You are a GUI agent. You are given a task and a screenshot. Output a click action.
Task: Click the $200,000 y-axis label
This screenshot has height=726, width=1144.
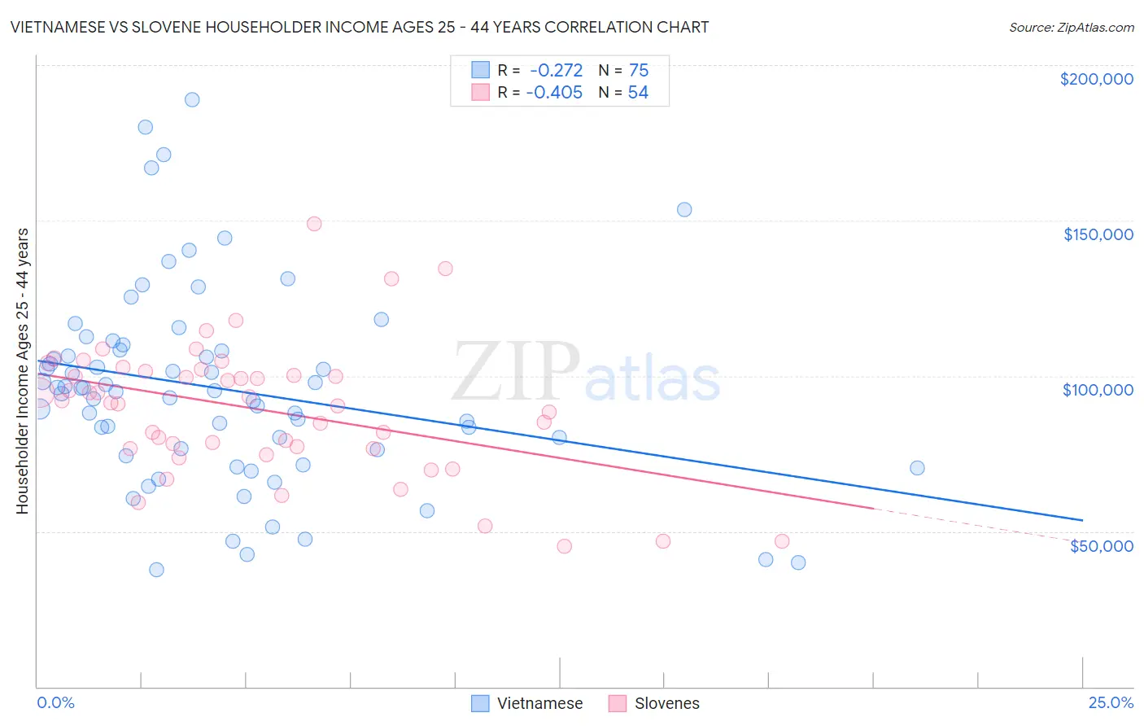tap(1096, 79)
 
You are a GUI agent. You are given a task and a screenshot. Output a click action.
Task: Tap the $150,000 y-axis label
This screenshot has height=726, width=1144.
tap(1098, 234)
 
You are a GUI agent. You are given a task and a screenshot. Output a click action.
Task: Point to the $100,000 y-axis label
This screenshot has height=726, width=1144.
tap(1098, 390)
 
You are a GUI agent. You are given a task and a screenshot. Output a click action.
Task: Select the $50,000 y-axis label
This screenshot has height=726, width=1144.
tap(1101, 545)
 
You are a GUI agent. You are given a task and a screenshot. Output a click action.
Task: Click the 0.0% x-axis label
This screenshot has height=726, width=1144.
tap(55, 702)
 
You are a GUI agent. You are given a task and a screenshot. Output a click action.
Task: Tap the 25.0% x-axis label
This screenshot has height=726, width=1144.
tap(1111, 702)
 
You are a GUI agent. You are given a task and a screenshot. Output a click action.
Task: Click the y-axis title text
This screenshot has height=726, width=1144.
tap(22, 371)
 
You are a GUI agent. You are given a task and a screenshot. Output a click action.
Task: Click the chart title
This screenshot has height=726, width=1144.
tap(360, 27)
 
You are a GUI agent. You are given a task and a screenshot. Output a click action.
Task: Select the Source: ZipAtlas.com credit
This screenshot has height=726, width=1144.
tap(1071, 27)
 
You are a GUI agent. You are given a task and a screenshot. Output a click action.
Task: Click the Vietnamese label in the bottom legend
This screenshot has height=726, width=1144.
tap(539, 703)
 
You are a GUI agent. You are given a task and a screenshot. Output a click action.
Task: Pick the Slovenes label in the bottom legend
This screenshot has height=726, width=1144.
tap(666, 703)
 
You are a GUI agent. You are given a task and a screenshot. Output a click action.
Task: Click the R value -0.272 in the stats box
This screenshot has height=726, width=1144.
tap(556, 71)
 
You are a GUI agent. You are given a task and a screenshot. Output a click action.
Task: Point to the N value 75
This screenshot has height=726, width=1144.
tap(639, 71)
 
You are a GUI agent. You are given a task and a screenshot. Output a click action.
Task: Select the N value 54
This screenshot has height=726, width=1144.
tap(638, 93)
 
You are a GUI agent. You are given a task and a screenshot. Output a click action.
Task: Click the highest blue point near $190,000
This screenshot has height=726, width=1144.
tap(192, 99)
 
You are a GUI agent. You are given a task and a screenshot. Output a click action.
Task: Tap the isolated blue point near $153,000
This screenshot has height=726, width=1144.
tap(684, 209)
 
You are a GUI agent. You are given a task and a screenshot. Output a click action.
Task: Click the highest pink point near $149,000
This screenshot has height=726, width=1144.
tap(314, 223)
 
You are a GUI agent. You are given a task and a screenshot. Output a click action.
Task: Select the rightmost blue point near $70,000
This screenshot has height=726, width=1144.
tap(917, 467)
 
